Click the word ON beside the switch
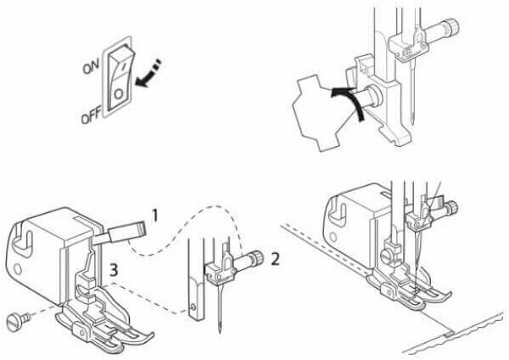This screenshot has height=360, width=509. [91, 67]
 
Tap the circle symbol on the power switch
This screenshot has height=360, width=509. [119, 94]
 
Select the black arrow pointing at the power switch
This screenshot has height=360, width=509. [148, 74]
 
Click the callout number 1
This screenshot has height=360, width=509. [155, 216]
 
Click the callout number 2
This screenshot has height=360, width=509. [275, 259]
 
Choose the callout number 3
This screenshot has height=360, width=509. [114, 270]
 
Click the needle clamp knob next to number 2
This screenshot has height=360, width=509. [257, 257]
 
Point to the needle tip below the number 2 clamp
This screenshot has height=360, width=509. [221, 331]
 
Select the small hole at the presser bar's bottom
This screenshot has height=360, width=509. [193, 307]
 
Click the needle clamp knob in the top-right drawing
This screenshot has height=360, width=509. [451, 25]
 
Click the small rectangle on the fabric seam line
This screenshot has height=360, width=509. [450, 333]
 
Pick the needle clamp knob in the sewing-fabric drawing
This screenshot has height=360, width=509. [452, 207]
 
